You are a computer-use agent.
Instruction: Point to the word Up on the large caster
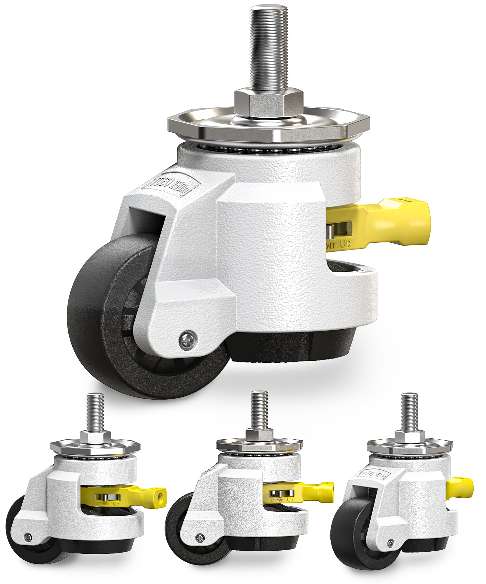pos(345,244)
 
